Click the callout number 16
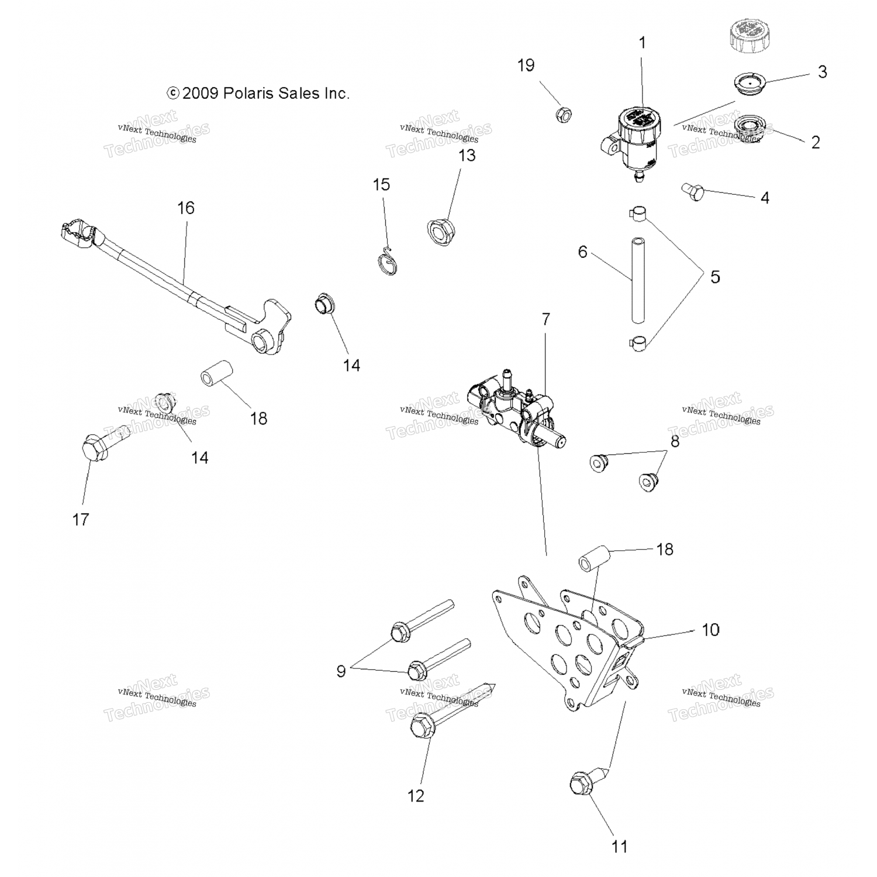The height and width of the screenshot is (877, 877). pos(186,208)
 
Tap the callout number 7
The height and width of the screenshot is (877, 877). pos(545,319)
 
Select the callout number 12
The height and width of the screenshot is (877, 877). pos(416,796)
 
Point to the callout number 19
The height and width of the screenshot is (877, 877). pos(526,65)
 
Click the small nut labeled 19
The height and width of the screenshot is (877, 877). pos(564,113)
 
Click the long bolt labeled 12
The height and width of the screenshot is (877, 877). pos(444,713)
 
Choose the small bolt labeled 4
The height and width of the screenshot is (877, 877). pos(693,191)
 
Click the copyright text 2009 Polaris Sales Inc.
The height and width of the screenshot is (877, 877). pos(258,94)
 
